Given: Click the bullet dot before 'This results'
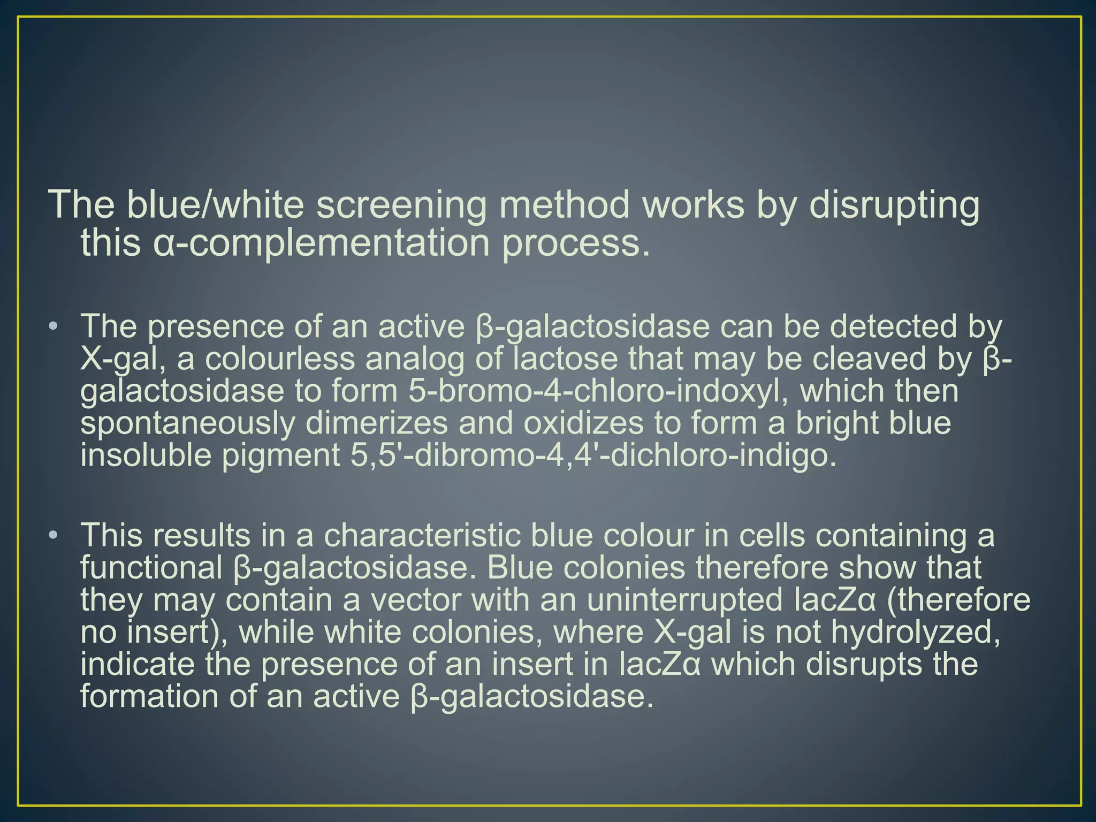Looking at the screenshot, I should tap(52, 535).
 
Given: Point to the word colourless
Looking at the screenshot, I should tap(280, 359).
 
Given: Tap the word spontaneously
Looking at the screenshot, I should tap(188, 423).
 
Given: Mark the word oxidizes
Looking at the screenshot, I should tap(583, 423).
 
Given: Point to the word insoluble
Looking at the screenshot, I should tap(146, 455).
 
